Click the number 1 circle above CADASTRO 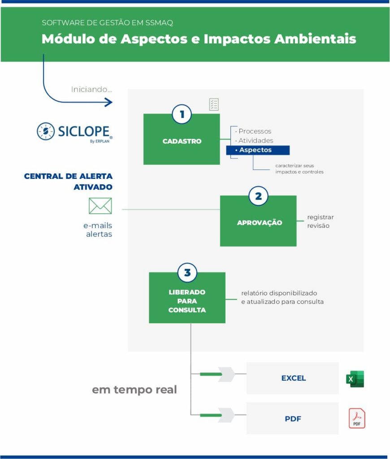(x=182, y=114)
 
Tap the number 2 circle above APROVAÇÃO (x=258, y=196)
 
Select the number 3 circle (x=187, y=273)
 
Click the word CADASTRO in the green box (x=182, y=141)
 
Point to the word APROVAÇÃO (x=260, y=223)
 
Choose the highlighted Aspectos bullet (x=258, y=150)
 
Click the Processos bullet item (x=254, y=131)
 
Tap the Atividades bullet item (x=255, y=140)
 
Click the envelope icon (x=100, y=206)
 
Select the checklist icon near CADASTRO (x=214, y=104)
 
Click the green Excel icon (x=355, y=379)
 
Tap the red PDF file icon (x=357, y=418)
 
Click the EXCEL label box (x=292, y=378)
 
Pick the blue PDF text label (x=293, y=419)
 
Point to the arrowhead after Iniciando (x=109, y=102)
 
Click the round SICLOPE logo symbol (x=46, y=131)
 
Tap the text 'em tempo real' (x=134, y=390)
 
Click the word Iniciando (x=91, y=89)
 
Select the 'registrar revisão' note (x=321, y=221)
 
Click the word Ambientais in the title (x=315, y=39)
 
